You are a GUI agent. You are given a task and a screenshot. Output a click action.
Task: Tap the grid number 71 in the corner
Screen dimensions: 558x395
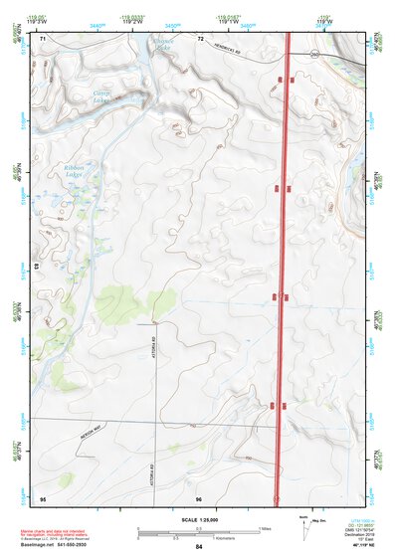pyautogui.click(x=43, y=38)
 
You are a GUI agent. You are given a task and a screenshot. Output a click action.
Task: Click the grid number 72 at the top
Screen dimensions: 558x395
pyautogui.click(x=200, y=38)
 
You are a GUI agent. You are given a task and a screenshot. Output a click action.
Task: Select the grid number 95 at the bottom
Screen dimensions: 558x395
pyautogui.click(x=43, y=497)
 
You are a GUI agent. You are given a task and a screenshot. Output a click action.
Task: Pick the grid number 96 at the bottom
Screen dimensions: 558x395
pyautogui.click(x=200, y=497)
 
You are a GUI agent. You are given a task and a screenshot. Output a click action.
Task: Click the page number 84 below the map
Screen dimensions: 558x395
pyautogui.click(x=199, y=547)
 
